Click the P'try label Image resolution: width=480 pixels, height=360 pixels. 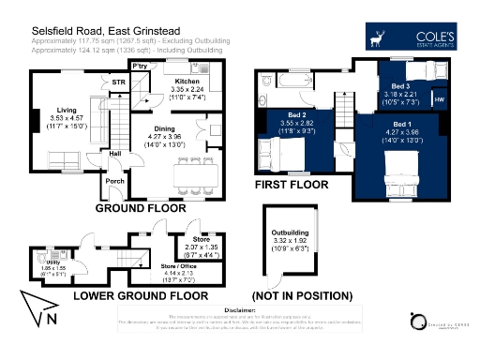pyautogui.click(x=142, y=67)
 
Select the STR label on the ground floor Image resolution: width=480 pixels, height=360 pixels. pyautogui.click(x=118, y=82)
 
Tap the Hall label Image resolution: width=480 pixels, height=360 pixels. pyautogui.click(x=114, y=154)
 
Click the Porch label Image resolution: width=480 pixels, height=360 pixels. pyautogui.click(x=115, y=182)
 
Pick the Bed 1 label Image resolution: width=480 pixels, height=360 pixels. pyautogui.click(x=401, y=124)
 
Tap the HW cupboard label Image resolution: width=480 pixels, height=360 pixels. pyautogui.click(x=440, y=98)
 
